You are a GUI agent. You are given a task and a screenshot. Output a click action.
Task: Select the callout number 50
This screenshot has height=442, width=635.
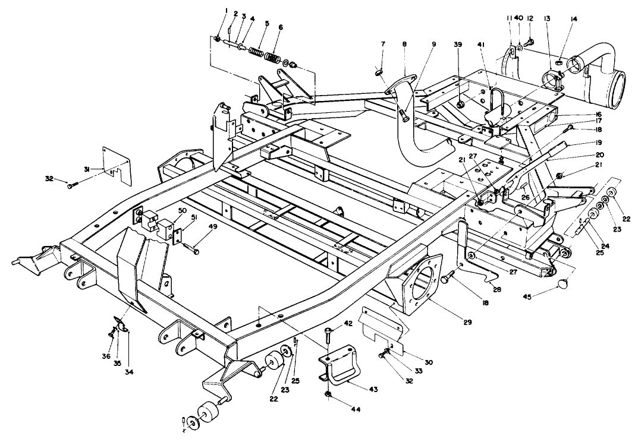(x=181, y=211)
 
